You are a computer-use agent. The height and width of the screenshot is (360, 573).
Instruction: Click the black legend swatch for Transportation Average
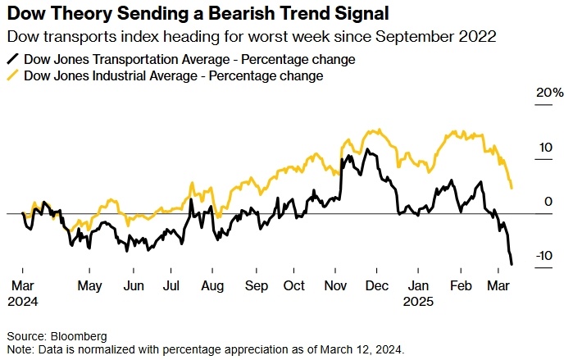tap(13, 60)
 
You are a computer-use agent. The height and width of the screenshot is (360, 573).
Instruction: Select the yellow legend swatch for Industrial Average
tap(13, 75)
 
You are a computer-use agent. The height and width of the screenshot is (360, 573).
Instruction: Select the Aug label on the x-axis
tap(212, 286)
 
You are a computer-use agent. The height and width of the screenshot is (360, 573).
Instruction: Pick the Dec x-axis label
tap(377, 286)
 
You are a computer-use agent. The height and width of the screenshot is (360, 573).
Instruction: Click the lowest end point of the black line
tap(512, 264)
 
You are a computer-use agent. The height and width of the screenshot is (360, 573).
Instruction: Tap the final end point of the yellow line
tap(512, 188)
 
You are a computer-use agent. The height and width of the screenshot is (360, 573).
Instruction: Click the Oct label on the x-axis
tap(293, 286)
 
